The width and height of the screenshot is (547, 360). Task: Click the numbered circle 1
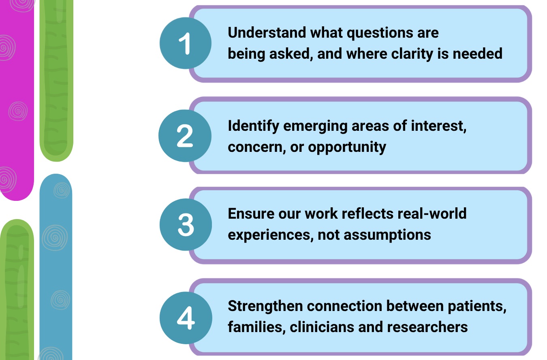tap(186, 43)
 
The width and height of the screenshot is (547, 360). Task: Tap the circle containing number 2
tap(185, 136)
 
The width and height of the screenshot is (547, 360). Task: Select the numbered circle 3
tap(186, 224)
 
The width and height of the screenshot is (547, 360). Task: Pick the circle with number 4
tap(186, 318)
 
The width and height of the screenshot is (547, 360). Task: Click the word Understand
tap(267, 32)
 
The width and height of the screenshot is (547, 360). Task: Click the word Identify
tap(254, 126)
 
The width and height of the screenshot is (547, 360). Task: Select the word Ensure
tap(251, 213)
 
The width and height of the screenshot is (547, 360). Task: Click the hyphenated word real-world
tap(432, 213)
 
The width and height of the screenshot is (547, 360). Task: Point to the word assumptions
tap(387, 235)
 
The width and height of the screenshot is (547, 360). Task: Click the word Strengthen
tap(265, 306)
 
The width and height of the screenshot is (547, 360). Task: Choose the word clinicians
tap(322, 327)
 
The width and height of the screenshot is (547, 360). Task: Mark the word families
tap(256, 327)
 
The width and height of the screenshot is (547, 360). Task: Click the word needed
tap(478, 54)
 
